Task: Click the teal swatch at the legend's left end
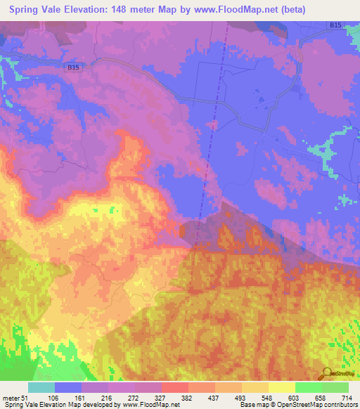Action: (41, 387)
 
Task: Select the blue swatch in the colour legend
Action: (68, 387)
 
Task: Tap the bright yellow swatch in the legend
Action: (281, 387)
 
